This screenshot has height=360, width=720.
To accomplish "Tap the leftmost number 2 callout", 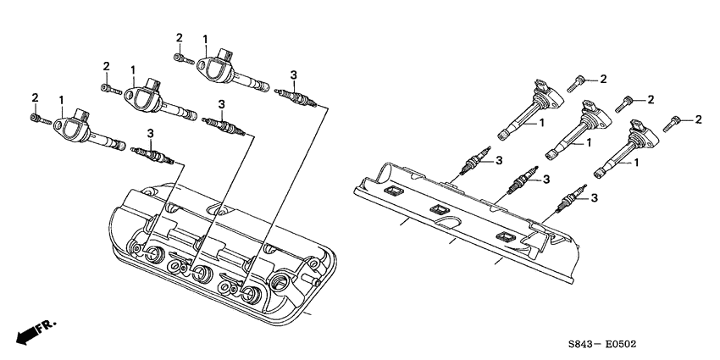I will click(x=35, y=98).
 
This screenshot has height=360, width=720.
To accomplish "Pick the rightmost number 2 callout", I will click(x=699, y=119).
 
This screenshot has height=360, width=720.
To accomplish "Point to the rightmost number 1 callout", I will click(x=634, y=163).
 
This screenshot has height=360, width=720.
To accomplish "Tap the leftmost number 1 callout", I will click(x=62, y=100).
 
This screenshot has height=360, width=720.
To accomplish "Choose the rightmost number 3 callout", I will click(x=594, y=197).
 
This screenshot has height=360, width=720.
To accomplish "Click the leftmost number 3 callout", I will click(x=150, y=133).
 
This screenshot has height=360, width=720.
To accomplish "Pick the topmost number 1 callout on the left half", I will click(x=205, y=38).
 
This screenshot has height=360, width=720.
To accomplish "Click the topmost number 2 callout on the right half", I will click(x=603, y=79).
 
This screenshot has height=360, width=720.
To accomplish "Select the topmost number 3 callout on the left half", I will click(x=293, y=75).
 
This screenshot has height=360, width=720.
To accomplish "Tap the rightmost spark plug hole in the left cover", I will click(x=252, y=295).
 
